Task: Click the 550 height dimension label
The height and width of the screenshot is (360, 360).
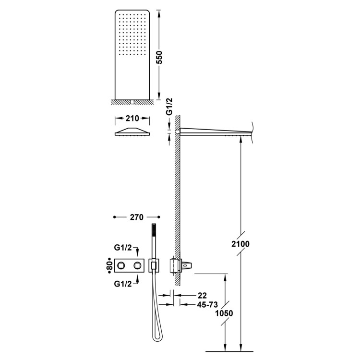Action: click(x=159, y=58)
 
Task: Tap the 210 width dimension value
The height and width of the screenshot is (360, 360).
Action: click(x=132, y=118)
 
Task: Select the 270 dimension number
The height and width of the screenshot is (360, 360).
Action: click(x=137, y=217)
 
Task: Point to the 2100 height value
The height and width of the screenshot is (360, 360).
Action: click(x=240, y=244)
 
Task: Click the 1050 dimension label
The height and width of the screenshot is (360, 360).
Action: click(x=224, y=313)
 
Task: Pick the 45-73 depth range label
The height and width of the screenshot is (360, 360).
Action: click(x=207, y=305)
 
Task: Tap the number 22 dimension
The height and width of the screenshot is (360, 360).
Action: click(x=202, y=295)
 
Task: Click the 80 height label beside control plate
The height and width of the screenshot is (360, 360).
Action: click(x=109, y=266)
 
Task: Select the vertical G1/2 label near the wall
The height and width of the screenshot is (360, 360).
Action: click(x=169, y=107)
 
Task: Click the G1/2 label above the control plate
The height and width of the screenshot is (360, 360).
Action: click(x=123, y=248)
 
